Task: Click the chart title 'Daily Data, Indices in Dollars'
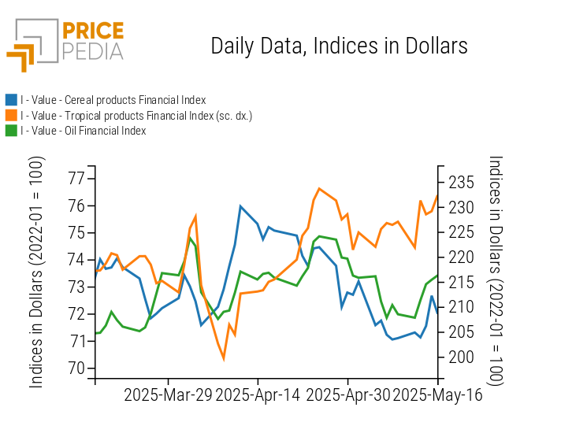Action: (x=339, y=46)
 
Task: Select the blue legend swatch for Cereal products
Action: (x=11, y=100)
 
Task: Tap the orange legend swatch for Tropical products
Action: (x=11, y=116)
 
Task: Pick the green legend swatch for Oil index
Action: (x=11, y=131)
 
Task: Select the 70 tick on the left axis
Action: (x=76, y=368)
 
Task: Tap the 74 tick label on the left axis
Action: (x=76, y=260)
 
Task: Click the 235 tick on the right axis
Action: (x=461, y=183)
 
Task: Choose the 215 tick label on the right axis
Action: (x=461, y=283)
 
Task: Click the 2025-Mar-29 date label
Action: (x=168, y=395)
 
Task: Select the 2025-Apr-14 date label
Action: (x=258, y=395)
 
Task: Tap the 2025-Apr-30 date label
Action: (x=347, y=395)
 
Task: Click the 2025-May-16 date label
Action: (x=438, y=395)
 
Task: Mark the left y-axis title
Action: (x=36, y=272)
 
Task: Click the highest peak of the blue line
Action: (x=240, y=206)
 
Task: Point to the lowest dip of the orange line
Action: (x=224, y=358)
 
